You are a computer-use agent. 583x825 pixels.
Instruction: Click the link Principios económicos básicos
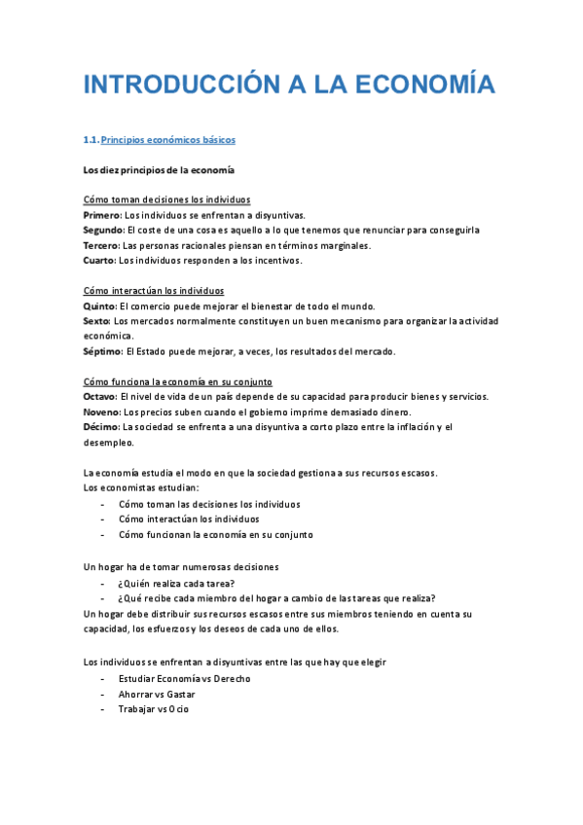168,140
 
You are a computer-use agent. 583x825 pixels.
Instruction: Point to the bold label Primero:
102,215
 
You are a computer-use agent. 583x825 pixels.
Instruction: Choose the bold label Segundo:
104,231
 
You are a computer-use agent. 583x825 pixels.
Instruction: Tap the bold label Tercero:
102,246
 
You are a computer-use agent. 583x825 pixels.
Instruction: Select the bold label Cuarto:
99,261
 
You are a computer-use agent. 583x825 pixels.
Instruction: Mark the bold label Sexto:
97,320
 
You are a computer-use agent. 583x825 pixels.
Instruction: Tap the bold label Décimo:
101,426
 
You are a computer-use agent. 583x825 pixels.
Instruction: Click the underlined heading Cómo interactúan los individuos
154,291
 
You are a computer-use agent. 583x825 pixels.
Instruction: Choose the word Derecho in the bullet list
230,679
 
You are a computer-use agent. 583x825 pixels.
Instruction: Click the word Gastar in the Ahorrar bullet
181,695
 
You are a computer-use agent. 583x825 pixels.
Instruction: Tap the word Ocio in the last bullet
179,709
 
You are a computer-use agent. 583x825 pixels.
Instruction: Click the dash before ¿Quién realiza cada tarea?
103,584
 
